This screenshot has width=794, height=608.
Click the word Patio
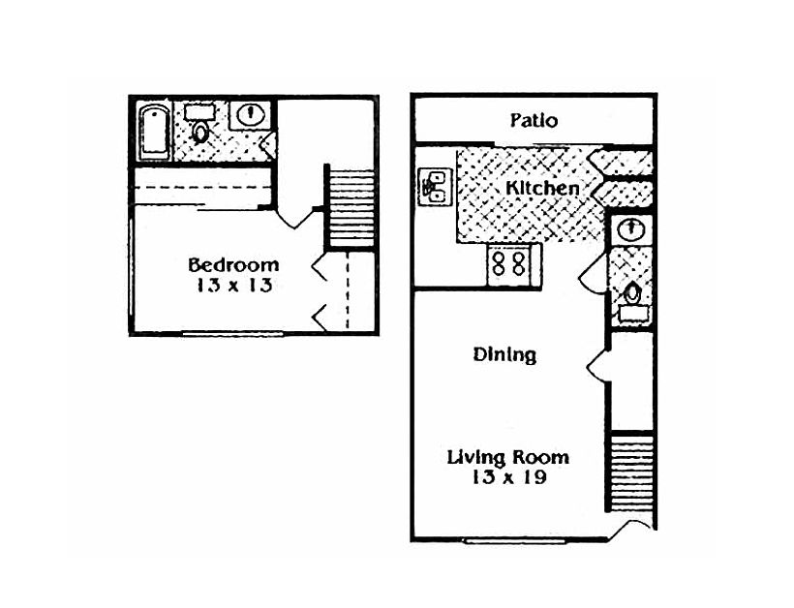(x=534, y=121)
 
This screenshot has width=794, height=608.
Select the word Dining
(x=504, y=354)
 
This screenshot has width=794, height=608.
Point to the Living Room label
(x=507, y=457)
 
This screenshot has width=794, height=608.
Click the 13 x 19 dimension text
(x=507, y=477)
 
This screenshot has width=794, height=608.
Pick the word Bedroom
(x=233, y=264)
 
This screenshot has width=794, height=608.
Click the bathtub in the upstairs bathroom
(x=155, y=133)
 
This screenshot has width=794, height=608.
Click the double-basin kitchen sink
(x=433, y=185)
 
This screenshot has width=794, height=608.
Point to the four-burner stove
(x=510, y=263)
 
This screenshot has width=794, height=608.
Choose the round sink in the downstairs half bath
(x=631, y=228)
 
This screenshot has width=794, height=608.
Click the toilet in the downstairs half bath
(x=632, y=294)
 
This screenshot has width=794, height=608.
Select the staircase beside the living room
(x=630, y=473)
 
